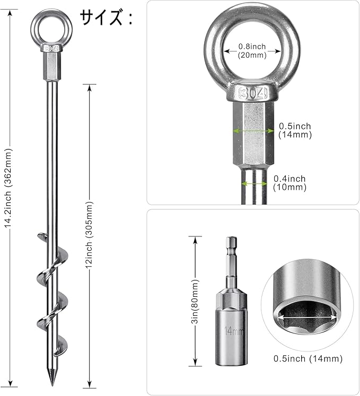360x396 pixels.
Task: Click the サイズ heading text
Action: tap(101, 17)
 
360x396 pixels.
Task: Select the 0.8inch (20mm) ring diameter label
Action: tap(252, 50)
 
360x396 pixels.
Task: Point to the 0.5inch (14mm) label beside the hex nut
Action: tap(295, 130)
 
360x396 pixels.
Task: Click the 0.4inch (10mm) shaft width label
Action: tap(289, 183)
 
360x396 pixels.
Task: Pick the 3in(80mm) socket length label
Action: tap(195, 301)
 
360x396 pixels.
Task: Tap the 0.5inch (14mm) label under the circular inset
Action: tap(308, 358)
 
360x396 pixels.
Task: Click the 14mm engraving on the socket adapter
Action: tap(233, 331)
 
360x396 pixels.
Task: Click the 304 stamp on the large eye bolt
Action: tap(253, 93)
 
